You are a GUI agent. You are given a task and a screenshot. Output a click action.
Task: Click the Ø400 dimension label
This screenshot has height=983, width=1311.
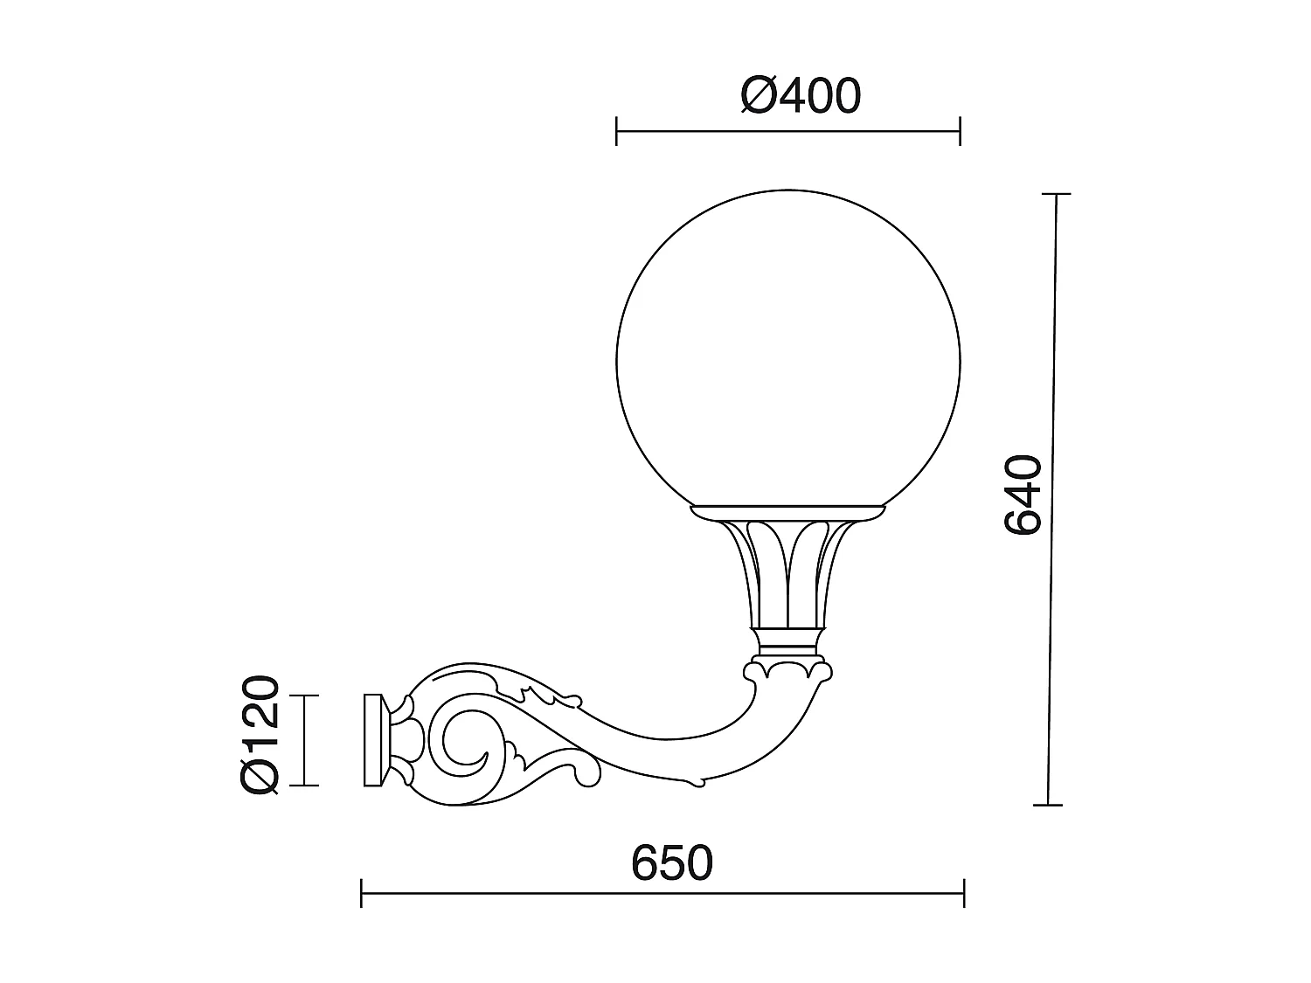(801, 96)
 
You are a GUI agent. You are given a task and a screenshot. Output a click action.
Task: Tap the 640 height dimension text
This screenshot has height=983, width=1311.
(1023, 494)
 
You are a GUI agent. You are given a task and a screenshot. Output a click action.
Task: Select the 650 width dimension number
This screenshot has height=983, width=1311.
(672, 863)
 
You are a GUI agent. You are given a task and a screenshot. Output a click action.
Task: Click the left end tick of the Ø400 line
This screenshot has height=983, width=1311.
(617, 132)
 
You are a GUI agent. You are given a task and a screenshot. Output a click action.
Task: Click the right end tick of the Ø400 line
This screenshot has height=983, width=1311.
(961, 132)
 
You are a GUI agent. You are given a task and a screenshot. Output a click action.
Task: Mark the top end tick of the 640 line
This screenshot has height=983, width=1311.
(1057, 193)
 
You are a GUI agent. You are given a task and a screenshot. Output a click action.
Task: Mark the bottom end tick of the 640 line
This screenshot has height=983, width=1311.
(1048, 804)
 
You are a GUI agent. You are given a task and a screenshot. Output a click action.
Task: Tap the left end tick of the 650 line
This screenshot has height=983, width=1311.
(362, 893)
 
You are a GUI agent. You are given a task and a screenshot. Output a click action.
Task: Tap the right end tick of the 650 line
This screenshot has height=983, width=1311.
(964, 893)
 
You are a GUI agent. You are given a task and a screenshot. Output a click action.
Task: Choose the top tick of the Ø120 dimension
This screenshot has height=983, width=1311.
(303, 696)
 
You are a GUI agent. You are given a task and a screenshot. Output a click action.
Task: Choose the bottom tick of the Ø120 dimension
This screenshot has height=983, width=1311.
(303, 785)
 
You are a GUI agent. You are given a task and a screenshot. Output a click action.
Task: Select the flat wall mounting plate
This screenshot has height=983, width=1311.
(374, 740)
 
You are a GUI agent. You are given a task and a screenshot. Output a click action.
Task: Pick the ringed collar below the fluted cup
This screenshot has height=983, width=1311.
(787, 644)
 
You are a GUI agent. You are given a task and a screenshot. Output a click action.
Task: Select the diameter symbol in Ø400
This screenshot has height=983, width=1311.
(758, 96)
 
